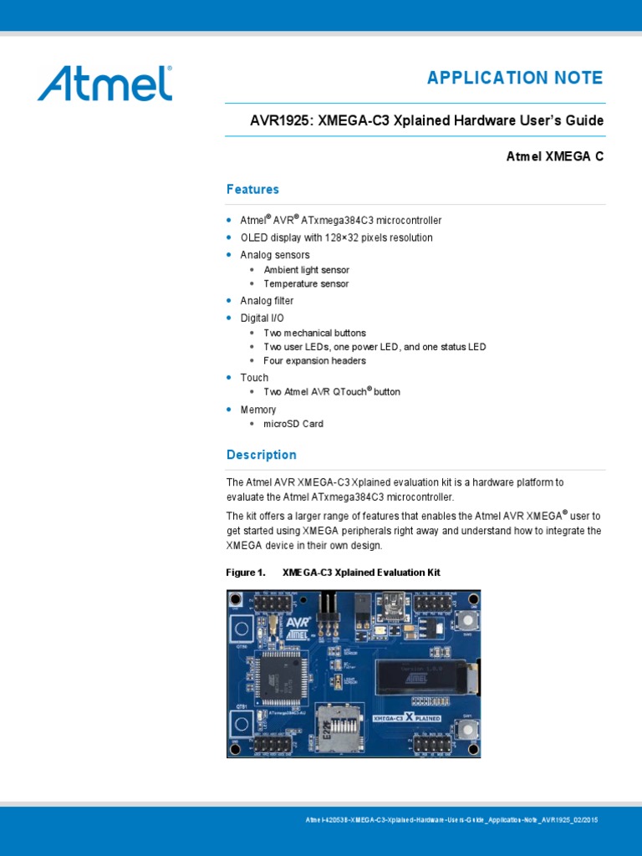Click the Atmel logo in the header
point(104,84)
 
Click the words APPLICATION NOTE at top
point(514,78)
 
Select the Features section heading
point(252,190)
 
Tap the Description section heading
point(261,455)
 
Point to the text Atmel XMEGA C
point(555,156)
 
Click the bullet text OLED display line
point(336,237)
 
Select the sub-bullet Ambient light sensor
point(306,270)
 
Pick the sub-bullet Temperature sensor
point(305,284)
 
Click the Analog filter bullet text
point(267,301)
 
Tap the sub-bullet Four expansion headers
point(314,361)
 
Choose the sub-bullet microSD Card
point(293,424)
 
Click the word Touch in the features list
point(254,378)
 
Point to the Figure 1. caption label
point(246,573)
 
